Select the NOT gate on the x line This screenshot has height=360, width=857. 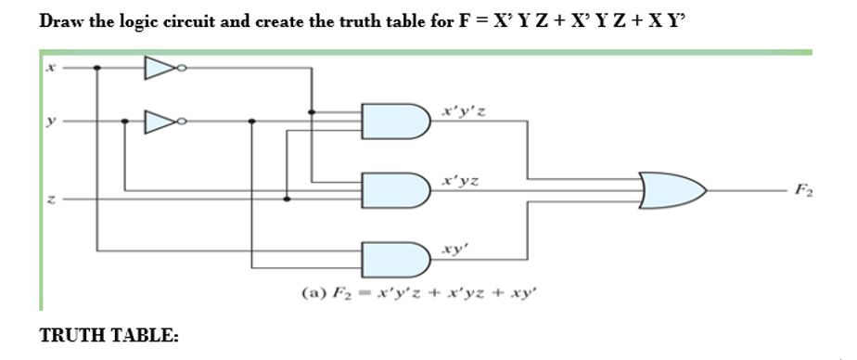coord(159,67)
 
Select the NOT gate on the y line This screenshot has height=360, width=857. coord(159,121)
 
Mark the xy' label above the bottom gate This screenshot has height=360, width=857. coord(455,250)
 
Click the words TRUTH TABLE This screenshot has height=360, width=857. coord(109,336)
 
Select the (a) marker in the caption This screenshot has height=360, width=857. coord(312,293)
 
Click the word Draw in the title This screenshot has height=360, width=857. coord(61,20)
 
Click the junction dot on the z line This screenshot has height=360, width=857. coord(287,198)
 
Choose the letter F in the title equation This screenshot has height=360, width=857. coord(462,20)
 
